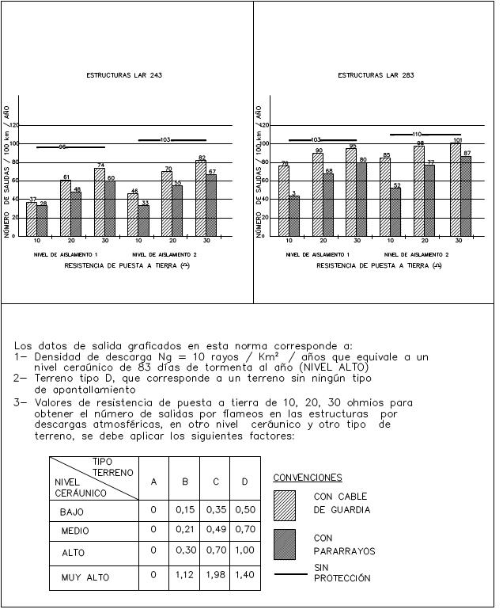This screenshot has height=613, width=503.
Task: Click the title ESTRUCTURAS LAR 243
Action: tap(124, 76)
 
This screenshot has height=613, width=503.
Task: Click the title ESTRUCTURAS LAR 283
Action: tap(376, 76)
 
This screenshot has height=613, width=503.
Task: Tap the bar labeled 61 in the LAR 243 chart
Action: tap(66, 208)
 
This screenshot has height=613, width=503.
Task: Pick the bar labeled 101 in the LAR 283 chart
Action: tap(456, 189)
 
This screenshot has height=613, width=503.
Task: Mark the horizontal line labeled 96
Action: tap(70, 147)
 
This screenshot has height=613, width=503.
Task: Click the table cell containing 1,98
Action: tap(214, 574)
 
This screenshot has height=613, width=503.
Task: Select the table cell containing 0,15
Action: tap(184, 509)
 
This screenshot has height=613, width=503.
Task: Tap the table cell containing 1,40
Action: tap(245, 574)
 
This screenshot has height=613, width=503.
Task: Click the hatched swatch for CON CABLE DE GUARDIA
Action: tap(285, 504)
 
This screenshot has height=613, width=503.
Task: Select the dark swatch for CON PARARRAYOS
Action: tap(285, 544)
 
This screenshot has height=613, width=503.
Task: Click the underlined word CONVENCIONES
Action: tap(308, 478)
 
